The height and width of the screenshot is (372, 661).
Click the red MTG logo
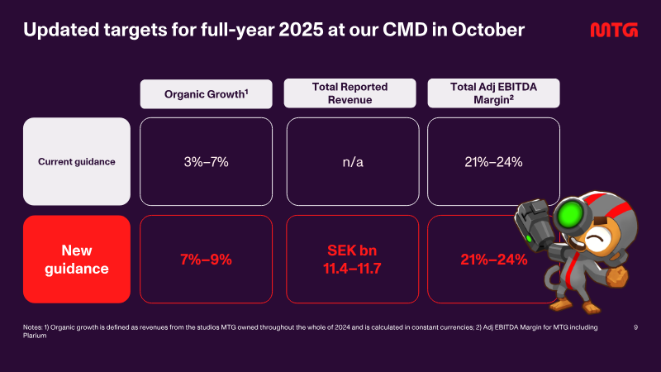(x=614, y=30)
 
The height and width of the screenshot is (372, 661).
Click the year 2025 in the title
(x=301, y=30)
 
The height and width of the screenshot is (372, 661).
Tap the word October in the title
(x=488, y=30)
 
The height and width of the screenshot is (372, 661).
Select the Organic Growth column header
(x=206, y=94)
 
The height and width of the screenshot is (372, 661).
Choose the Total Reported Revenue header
(x=350, y=93)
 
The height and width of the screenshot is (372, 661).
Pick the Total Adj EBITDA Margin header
(x=493, y=93)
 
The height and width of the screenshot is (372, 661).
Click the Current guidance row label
(x=77, y=161)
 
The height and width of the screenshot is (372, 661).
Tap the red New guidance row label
(x=77, y=260)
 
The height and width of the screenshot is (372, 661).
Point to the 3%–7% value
(x=206, y=162)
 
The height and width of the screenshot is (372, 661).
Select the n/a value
(x=353, y=162)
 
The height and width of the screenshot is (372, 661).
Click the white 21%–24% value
(x=493, y=162)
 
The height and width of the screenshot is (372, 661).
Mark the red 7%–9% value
(x=206, y=260)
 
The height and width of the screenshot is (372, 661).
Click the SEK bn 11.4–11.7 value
(x=353, y=260)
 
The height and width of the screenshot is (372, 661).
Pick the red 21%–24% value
(x=493, y=260)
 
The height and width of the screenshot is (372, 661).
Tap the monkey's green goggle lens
(x=568, y=214)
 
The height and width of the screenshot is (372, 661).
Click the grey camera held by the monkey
(x=532, y=225)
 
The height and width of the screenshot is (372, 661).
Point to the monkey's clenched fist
(x=616, y=277)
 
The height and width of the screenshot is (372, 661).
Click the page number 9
(x=635, y=327)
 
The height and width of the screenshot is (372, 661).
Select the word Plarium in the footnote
(x=35, y=336)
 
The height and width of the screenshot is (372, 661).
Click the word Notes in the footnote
(x=32, y=327)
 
